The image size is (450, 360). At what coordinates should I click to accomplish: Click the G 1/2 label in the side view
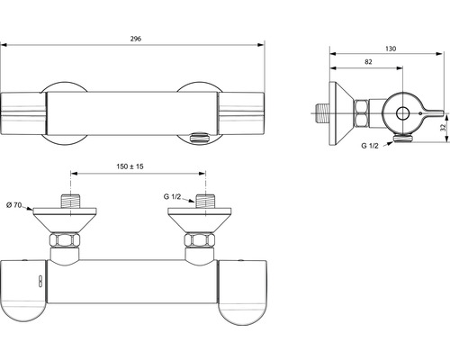point(369,146)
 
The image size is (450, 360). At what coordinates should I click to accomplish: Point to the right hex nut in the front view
point(201,242)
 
